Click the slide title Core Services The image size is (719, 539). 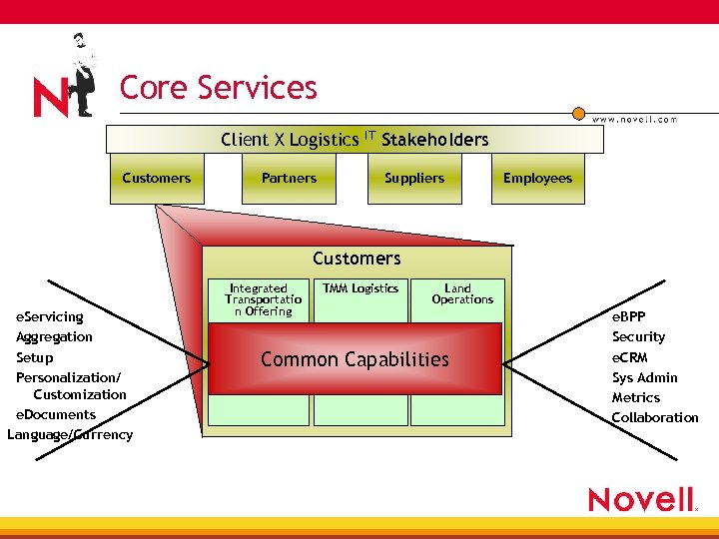tap(218, 88)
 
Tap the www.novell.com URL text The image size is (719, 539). tap(634, 119)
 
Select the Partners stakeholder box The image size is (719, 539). tap(289, 179)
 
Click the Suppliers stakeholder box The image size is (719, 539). tap(414, 179)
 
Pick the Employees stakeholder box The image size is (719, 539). tap(537, 179)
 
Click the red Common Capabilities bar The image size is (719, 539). tap(355, 360)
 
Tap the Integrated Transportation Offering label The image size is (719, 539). tap(258, 299)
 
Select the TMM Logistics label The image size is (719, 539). tap(360, 288)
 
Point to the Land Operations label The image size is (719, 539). tap(461, 293)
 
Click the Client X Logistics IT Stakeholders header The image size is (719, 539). tap(355, 139)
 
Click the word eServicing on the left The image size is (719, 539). tap(50, 316)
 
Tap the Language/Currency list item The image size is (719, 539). tap(70, 434)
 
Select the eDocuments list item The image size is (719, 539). tap(56, 414)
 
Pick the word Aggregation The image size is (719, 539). tap(54, 336)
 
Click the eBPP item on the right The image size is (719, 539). tap(628, 316)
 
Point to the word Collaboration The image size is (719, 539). tap(655, 417)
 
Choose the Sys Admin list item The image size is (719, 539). tap(644, 377)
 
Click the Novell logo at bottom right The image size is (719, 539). tap(642, 499)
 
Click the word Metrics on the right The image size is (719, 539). tap(636, 397)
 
